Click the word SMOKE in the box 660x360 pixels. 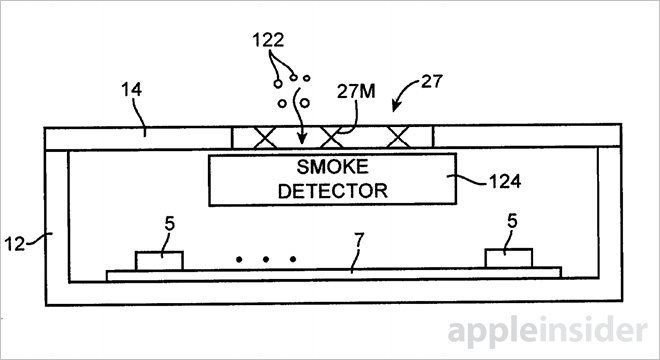[333, 167]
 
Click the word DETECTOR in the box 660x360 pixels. [333, 191]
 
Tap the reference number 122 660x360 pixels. [268, 40]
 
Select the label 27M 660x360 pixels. [356, 91]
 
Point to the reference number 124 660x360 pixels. [505, 181]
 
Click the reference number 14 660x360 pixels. [132, 90]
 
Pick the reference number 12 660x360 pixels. [15, 244]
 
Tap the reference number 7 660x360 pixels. [359, 240]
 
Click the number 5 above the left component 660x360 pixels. [169, 224]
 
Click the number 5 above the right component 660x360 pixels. [512, 221]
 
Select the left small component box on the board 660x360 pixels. [159, 261]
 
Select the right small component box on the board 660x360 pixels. [508, 258]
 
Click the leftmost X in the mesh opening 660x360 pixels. [265, 138]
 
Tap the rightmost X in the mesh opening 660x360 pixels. [398, 137]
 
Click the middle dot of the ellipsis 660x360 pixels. [266, 259]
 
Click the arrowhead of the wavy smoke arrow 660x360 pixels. [301, 138]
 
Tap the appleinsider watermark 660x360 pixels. [547, 331]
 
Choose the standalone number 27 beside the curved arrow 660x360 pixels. [432, 81]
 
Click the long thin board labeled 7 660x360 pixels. [333, 273]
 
